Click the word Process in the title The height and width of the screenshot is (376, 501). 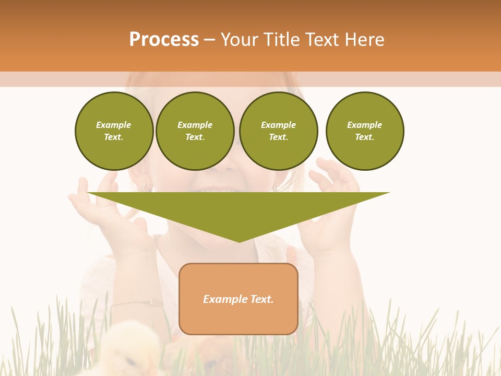coord(164,40)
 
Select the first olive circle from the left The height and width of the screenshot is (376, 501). coord(114,131)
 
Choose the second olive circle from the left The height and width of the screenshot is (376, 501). coord(195,131)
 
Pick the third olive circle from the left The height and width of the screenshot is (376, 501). coord(278,131)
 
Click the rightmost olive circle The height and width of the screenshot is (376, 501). coord(364,131)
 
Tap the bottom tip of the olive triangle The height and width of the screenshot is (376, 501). coord(239,241)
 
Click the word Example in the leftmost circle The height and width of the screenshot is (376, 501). coord(114,125)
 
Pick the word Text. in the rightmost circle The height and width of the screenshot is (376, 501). coord(364,137)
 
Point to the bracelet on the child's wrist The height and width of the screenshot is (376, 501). coord(138,302)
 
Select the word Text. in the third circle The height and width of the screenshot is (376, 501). coord(278,137)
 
